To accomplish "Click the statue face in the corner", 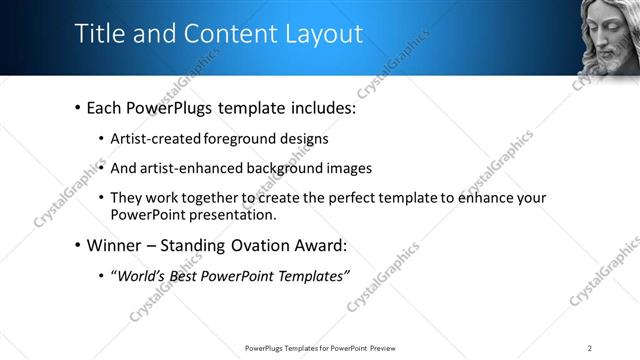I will coord(611,37).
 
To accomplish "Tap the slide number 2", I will coord(590,347).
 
